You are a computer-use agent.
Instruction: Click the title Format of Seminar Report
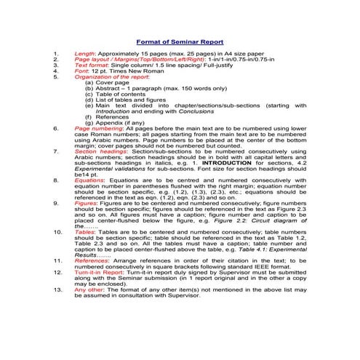(x=179, y=41)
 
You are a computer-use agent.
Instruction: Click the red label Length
(x=85, y=55)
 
